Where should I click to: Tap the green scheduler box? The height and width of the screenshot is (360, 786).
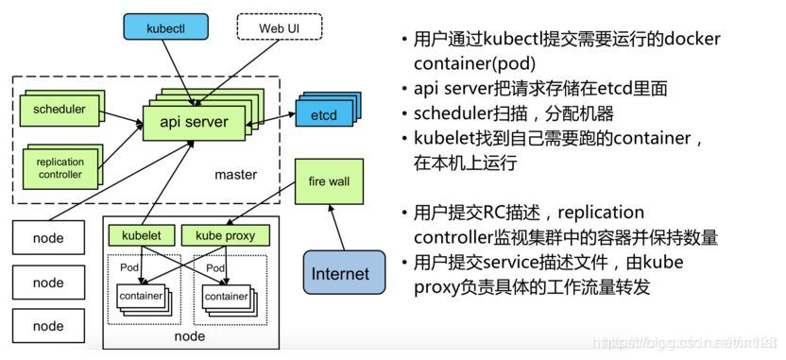click(x=59, y=111)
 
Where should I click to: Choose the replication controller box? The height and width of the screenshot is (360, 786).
click(x=60, y=167)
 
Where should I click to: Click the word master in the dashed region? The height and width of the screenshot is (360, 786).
click(x=235, y=176)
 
